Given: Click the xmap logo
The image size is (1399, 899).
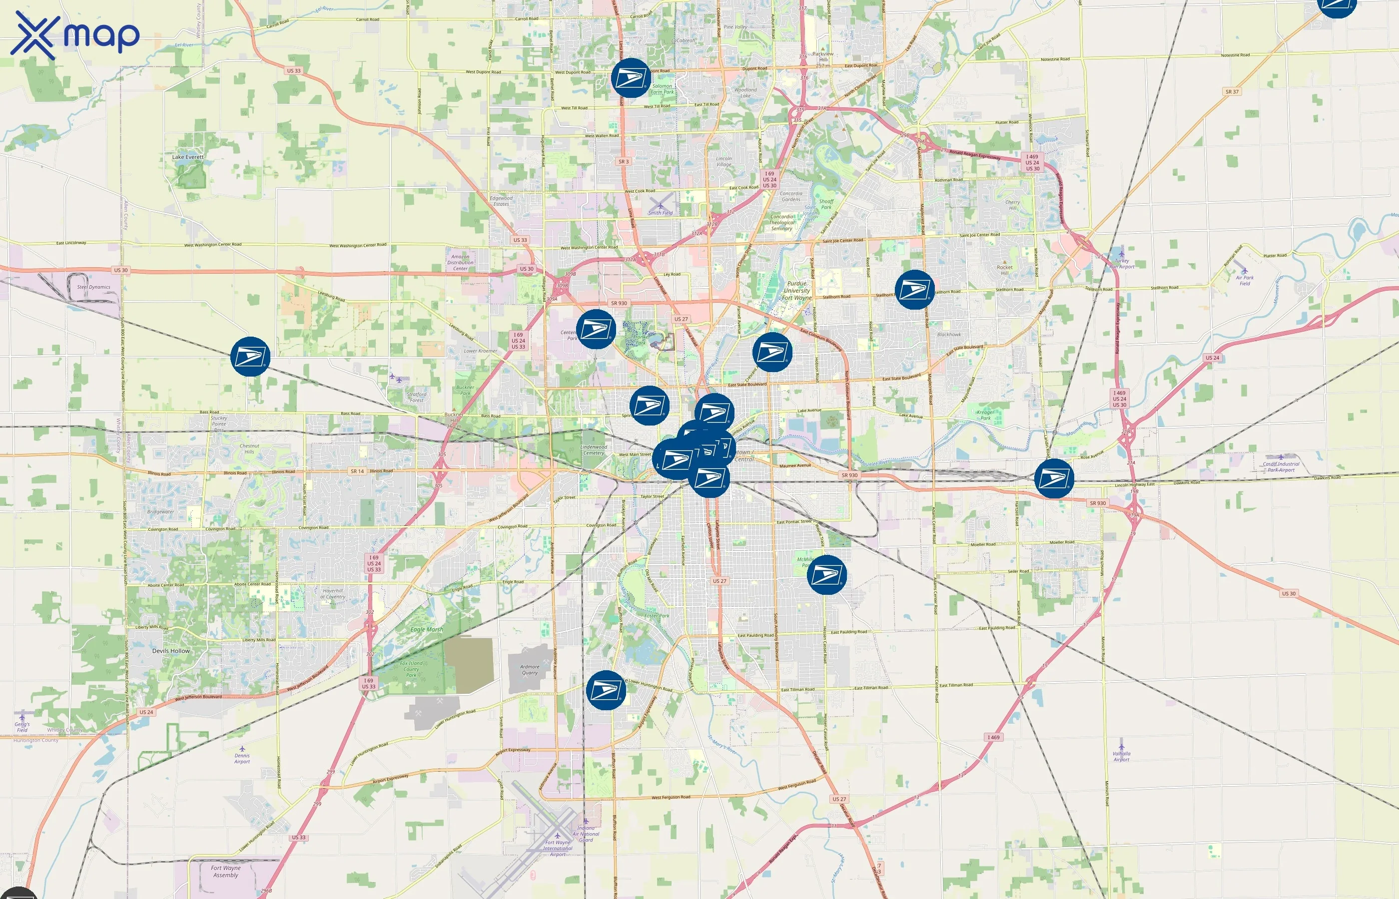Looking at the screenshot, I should coord(75,34).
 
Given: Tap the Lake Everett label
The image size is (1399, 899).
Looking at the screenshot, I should coord(187,157).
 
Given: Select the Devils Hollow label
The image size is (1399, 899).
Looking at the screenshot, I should coord(170,651).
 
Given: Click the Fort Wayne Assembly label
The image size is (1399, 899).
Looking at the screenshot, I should coord(225,871).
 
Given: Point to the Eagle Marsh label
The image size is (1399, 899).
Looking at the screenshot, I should coord(426,629).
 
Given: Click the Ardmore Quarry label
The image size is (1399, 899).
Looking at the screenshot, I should coord(530,670).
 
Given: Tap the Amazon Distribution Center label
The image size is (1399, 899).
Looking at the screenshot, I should coord(460,263).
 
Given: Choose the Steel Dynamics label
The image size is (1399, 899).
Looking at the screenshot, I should coord(93,287).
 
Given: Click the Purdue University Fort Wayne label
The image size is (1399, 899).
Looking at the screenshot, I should coord(796,291).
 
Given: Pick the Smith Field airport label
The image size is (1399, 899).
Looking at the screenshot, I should coord(661,212).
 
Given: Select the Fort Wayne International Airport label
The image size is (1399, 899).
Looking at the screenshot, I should coord(558,848).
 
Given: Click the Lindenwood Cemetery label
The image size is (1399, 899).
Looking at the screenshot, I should coord(593,449).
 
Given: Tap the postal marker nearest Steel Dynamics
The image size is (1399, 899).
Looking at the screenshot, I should coord(250,356).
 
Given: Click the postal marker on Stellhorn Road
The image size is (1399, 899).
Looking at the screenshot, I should coord(914,290).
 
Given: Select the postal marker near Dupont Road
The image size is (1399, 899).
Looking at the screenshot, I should coord(631,77).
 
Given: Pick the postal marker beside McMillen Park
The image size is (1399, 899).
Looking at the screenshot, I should coord(826,575).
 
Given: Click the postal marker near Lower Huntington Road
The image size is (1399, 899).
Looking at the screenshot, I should coord(606,690).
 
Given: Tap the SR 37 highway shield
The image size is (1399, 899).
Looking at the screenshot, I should coord(1232,92).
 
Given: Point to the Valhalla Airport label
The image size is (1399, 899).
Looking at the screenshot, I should coord(1121,757).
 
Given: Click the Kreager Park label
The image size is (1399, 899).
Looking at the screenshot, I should coord(986,415).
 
